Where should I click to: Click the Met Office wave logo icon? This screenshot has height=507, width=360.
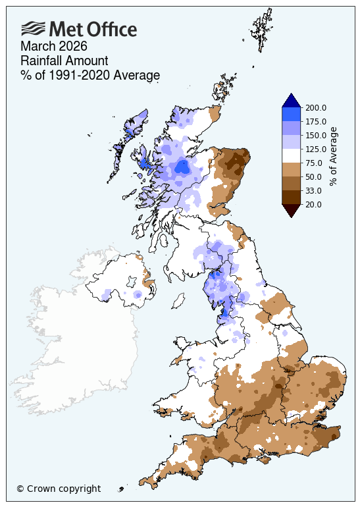coord(33,28)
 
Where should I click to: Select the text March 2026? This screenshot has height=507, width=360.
coord(54,47)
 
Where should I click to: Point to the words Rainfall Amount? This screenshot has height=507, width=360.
coord(63,61)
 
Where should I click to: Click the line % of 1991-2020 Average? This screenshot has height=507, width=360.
coord(90,76)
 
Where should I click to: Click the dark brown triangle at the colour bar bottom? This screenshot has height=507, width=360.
coord(292,210)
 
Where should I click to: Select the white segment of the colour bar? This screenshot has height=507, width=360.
coord(292,155)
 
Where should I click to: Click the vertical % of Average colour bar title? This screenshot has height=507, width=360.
coord(334,156)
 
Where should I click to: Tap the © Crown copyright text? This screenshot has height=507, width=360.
coord(59,489)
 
